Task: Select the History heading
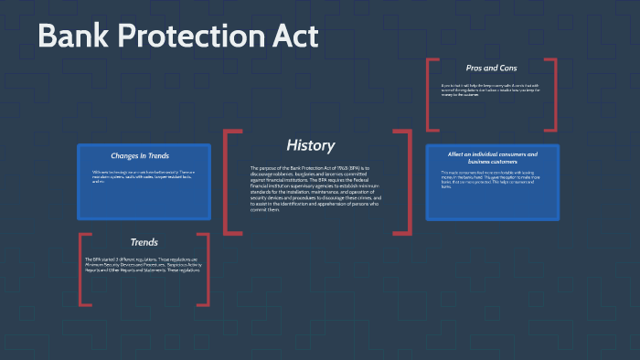pos(311,145)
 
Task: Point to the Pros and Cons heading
pos(492,69)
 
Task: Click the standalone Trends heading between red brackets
pos(144,242)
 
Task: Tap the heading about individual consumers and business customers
pos(492,158)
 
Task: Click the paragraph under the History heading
pos(315,189)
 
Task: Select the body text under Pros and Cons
pos(491,89)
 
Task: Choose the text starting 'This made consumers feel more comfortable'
pos(492,180)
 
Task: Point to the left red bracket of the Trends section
pos(81,270)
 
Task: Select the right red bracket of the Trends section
pos(207,270)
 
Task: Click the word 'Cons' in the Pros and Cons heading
pos(508,69)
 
